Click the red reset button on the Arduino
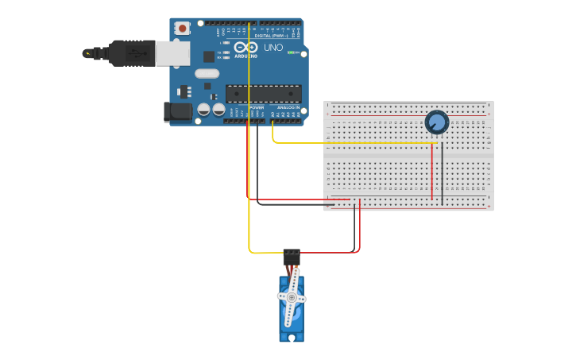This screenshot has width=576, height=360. click(183, 29)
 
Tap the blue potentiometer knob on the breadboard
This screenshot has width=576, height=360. click(436, 122)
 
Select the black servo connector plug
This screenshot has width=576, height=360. click(292, 257)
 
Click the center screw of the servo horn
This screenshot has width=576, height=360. click(292, 297)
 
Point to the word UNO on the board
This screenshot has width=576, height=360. click(273, 48)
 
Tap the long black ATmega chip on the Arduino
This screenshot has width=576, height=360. click(263, 93)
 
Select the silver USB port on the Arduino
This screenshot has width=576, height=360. click(172, 52)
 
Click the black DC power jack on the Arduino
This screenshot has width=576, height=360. click(176, 112)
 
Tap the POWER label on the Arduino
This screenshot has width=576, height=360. click(257, 106)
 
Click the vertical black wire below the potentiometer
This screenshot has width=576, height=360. click(442, 171)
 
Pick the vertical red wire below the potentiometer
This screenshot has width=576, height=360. click(432, 171)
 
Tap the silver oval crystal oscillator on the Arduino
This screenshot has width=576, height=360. click(206, 74)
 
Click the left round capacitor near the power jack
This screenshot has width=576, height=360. click(204, 110)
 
